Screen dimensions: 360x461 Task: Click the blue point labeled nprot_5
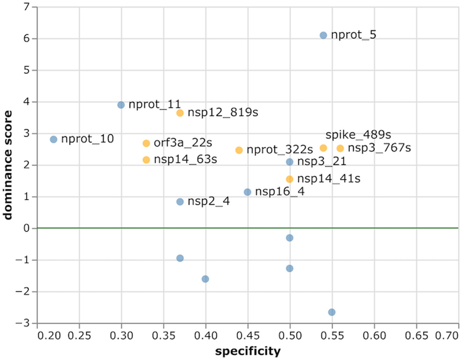323,35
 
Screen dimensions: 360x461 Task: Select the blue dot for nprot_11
121,105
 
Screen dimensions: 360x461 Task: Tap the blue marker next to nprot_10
53,139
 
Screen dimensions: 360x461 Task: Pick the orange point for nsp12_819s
180,113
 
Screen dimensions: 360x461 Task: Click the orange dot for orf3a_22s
146,143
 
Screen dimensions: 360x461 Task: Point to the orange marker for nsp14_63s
146,160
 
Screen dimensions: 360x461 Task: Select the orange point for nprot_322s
239,150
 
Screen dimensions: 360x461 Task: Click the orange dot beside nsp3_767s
340,149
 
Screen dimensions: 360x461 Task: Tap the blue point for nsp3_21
290,162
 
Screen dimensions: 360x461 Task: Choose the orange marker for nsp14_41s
290,179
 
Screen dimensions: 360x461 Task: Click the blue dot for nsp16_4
247,192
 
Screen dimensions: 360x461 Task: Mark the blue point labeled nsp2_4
180,201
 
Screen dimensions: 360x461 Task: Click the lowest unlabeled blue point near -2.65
332,312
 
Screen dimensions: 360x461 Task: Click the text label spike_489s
352,135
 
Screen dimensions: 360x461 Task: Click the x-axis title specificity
248,351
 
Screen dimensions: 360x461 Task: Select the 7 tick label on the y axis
27,7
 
